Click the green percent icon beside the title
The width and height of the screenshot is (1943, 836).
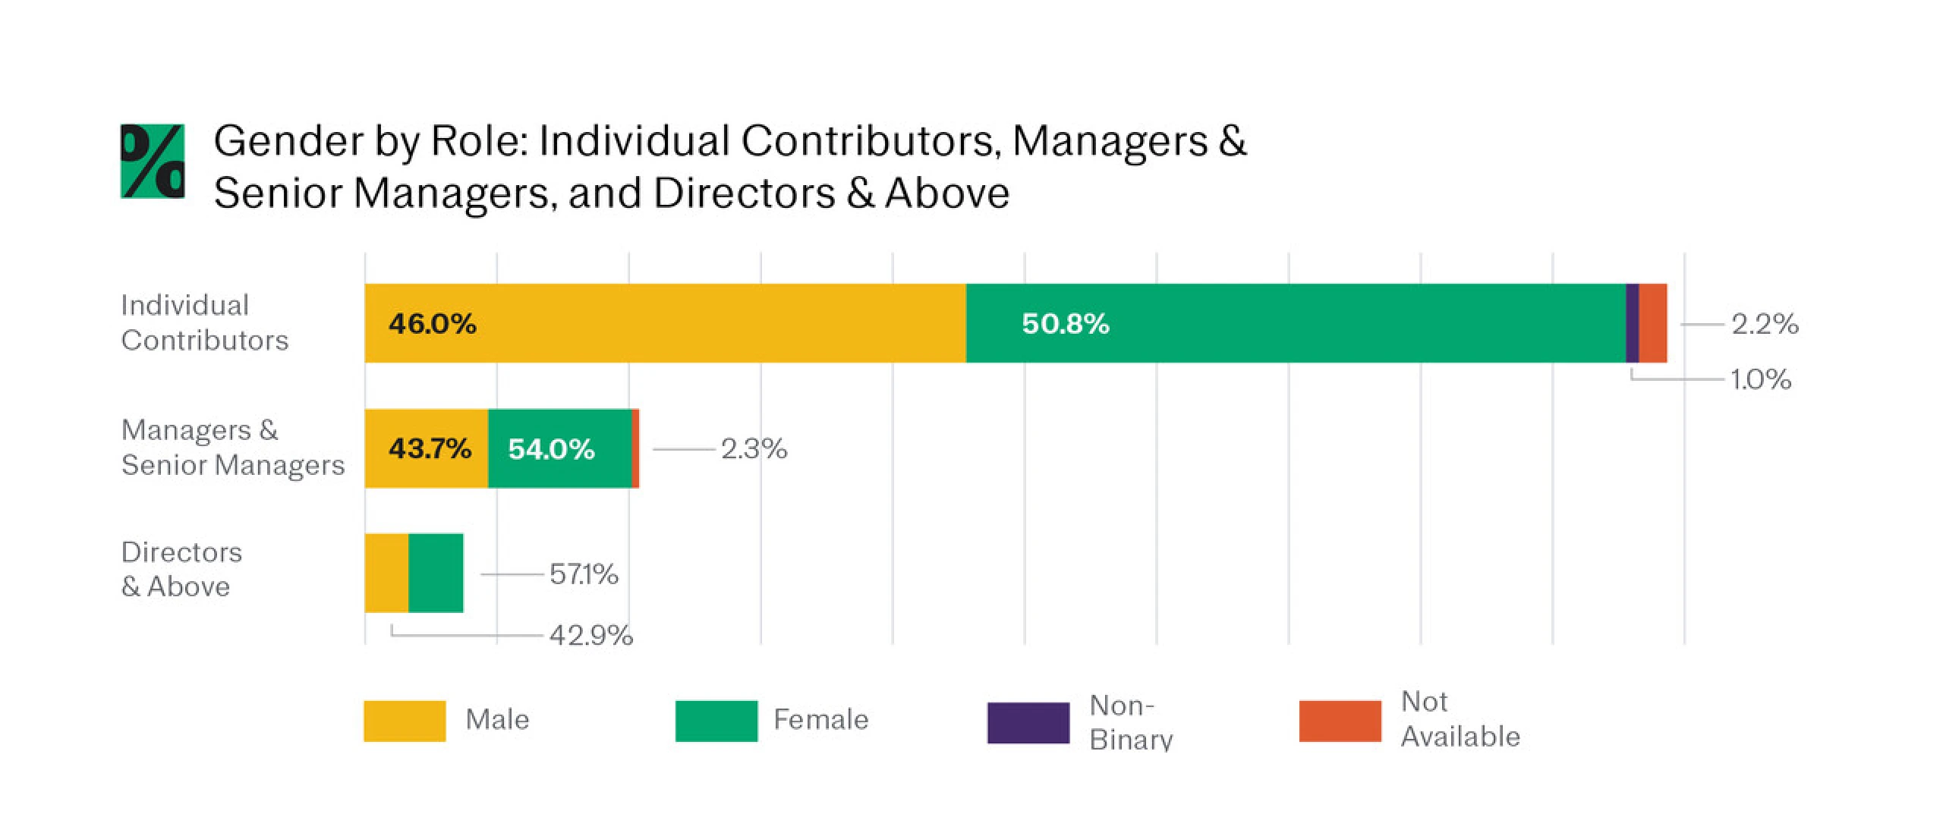pos(153,161)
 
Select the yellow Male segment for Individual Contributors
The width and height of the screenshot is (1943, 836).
pos(664,323)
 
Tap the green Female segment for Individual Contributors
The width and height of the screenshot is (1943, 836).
pos(1295,323)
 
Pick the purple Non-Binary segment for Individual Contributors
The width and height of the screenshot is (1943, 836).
pos(1633,323)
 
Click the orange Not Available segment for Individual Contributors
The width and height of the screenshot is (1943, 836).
pos(1653,323)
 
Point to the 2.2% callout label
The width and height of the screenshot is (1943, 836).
pos(1765,324)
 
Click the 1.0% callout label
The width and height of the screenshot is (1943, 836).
pos(1761,379)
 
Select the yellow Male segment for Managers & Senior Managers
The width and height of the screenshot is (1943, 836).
pos(426,448)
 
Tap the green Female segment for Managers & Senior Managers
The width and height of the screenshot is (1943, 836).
pos(559,448)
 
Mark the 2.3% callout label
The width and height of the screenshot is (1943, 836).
pos(754,448)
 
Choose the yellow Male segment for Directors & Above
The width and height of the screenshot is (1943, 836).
pos(386,573)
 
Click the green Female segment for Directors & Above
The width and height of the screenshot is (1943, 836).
pos(436,573)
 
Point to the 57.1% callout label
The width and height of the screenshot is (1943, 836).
pos(584,574)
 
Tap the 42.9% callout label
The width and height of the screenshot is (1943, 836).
pos(590,634)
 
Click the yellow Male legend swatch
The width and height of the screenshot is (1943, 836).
pos(405,721)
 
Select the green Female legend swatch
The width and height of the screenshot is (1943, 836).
pos(716,721)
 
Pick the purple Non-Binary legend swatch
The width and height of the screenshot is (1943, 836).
pos(1028,722)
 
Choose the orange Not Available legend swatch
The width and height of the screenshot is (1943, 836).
pos(1340,721)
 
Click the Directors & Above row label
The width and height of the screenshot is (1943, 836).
pos(181,569)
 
